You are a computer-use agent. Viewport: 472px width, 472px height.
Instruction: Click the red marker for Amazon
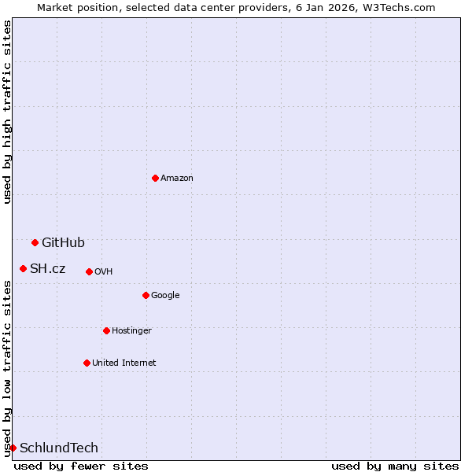(x=155, y=178)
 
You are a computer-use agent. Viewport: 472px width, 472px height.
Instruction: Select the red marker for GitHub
(x=35, y=242)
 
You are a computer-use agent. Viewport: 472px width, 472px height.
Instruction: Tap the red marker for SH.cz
(x=23, y=268)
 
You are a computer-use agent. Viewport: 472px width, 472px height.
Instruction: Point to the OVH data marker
(x=89, y=271)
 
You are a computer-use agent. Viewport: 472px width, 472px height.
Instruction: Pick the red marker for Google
(x=146, y=295)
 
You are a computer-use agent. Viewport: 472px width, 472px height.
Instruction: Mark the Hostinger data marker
(x=106, y=330)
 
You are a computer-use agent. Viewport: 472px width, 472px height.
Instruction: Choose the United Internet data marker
(x=87, y=363)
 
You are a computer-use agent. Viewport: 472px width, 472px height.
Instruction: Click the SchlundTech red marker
(x=13, y=448)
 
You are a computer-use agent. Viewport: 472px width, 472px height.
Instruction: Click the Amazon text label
(x=177, y=178)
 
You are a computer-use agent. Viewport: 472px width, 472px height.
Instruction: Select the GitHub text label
(x=63, y=242)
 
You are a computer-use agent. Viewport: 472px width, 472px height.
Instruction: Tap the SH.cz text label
(x=47, y=268)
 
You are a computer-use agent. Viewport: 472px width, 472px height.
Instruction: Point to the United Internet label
(x=124, y=363)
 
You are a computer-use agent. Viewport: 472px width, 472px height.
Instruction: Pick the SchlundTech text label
(x=59, y=448)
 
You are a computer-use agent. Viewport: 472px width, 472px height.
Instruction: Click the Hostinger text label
(x=131, y=330)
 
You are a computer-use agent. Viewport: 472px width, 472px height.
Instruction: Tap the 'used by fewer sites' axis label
(x=81, y=466)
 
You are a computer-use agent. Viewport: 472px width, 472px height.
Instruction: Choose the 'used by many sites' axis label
(x=395, y=466)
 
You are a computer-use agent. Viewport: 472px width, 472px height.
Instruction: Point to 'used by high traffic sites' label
(x=7, y=112)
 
